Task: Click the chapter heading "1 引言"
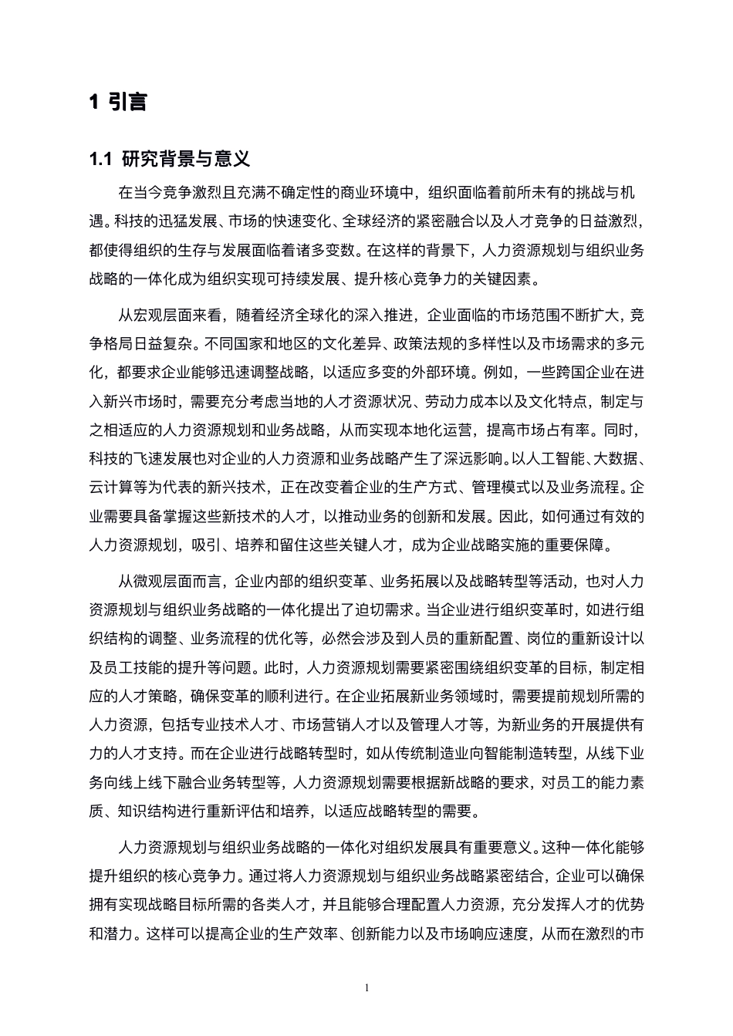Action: pyautogui.click(x=118, y=101)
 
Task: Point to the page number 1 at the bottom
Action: pyautogui.click(x=366, y=988)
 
